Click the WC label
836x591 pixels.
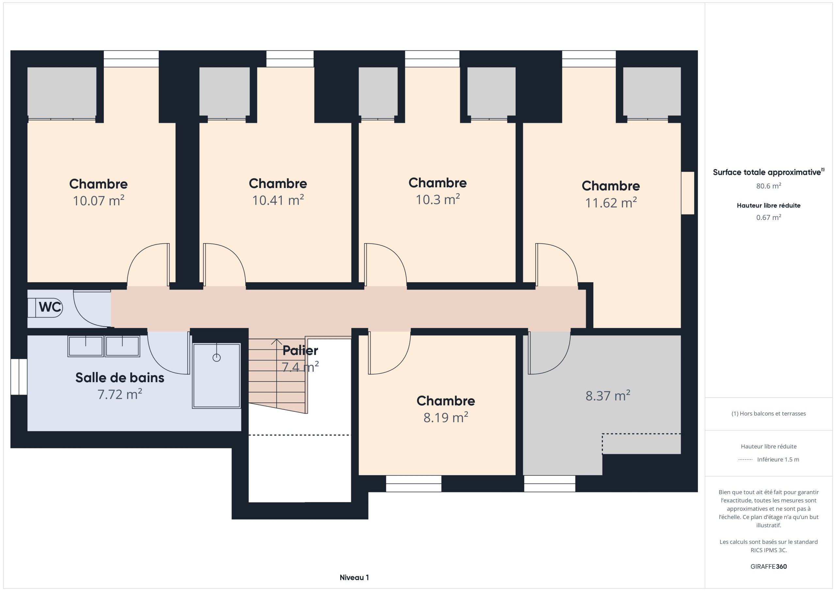50,307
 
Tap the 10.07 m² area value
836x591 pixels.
99,200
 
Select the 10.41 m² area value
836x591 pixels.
278,200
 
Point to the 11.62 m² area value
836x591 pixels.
611,202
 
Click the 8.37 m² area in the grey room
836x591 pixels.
608,395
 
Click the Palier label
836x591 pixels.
300,350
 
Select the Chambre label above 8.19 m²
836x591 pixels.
446,400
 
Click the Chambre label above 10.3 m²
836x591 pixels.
438,182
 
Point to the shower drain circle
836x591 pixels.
217,358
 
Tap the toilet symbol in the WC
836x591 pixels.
45,307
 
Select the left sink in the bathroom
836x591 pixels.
86,346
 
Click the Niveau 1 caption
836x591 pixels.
354,577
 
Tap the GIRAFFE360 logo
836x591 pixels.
769,566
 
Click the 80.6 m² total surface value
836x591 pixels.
769,186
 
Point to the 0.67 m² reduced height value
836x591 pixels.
769,217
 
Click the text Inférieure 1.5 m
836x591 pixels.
778,459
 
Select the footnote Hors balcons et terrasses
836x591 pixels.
769,413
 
